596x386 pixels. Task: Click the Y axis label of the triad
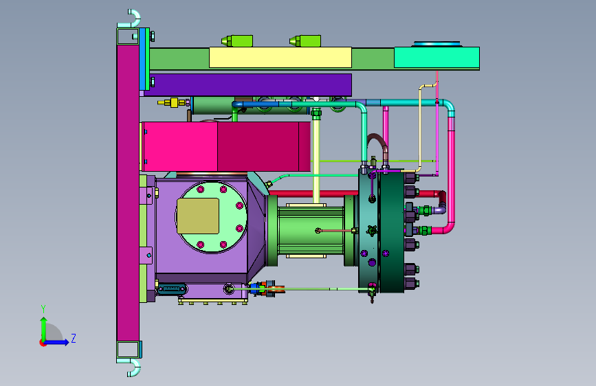point(43,309)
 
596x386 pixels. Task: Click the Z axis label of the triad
point(74,338)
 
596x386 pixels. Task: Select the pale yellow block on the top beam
point(280,58)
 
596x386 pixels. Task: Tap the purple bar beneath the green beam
point(248,84)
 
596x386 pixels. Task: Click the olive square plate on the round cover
point(198,216)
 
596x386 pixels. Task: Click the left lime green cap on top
point(237,41)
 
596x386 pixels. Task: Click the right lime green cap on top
point(305,41)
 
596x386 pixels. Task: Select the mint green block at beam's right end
point(437,58)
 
